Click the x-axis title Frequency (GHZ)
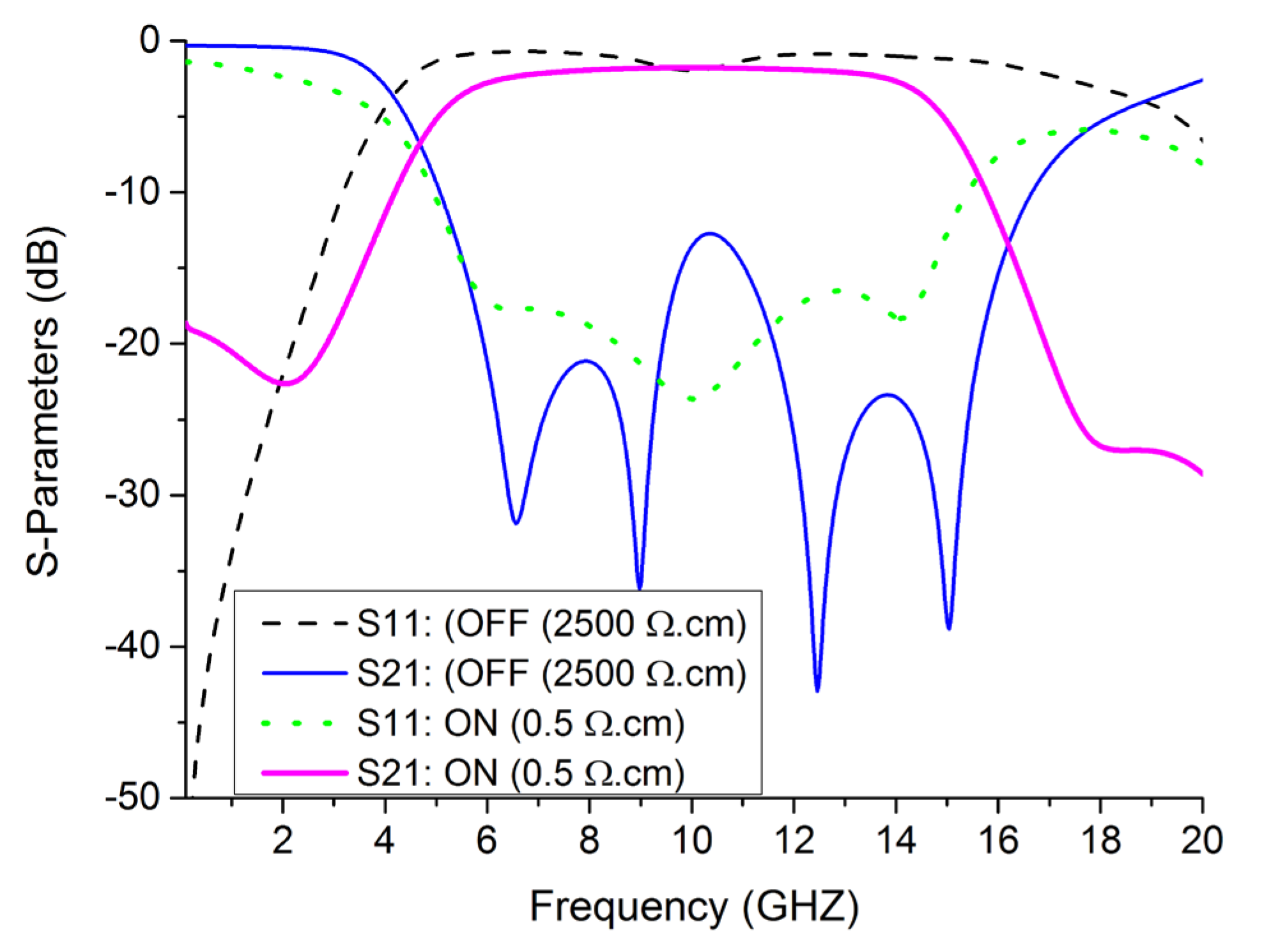[694, 906]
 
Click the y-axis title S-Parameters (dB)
[43, 400]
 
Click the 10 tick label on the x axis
[691, 840]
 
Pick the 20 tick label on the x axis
[1201, 840]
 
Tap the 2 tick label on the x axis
[282, 840]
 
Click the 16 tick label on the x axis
[998, 840]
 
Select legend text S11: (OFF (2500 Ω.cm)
[551, 623]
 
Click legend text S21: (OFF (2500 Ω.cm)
[551, 673]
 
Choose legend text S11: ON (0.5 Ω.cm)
[520, 724]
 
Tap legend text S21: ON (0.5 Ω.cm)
[520, 773]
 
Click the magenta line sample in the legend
[304, 773]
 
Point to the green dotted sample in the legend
[298, 724]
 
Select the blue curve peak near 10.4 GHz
[709, 233]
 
